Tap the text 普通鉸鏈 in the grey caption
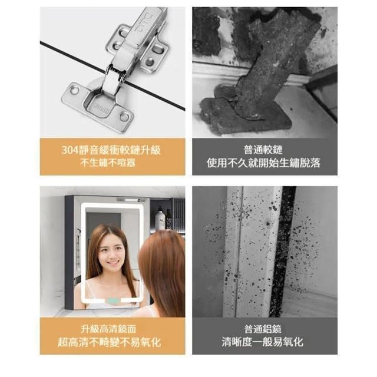263,150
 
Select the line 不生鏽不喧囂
108,163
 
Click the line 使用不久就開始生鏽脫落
263,163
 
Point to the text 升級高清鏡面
108,329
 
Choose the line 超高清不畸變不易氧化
109,342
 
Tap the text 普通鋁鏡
263,329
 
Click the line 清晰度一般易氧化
263,342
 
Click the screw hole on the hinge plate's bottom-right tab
124,117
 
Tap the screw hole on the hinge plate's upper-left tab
74,90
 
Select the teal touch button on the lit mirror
114,300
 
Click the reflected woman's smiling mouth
113,263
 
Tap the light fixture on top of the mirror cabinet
131,200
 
